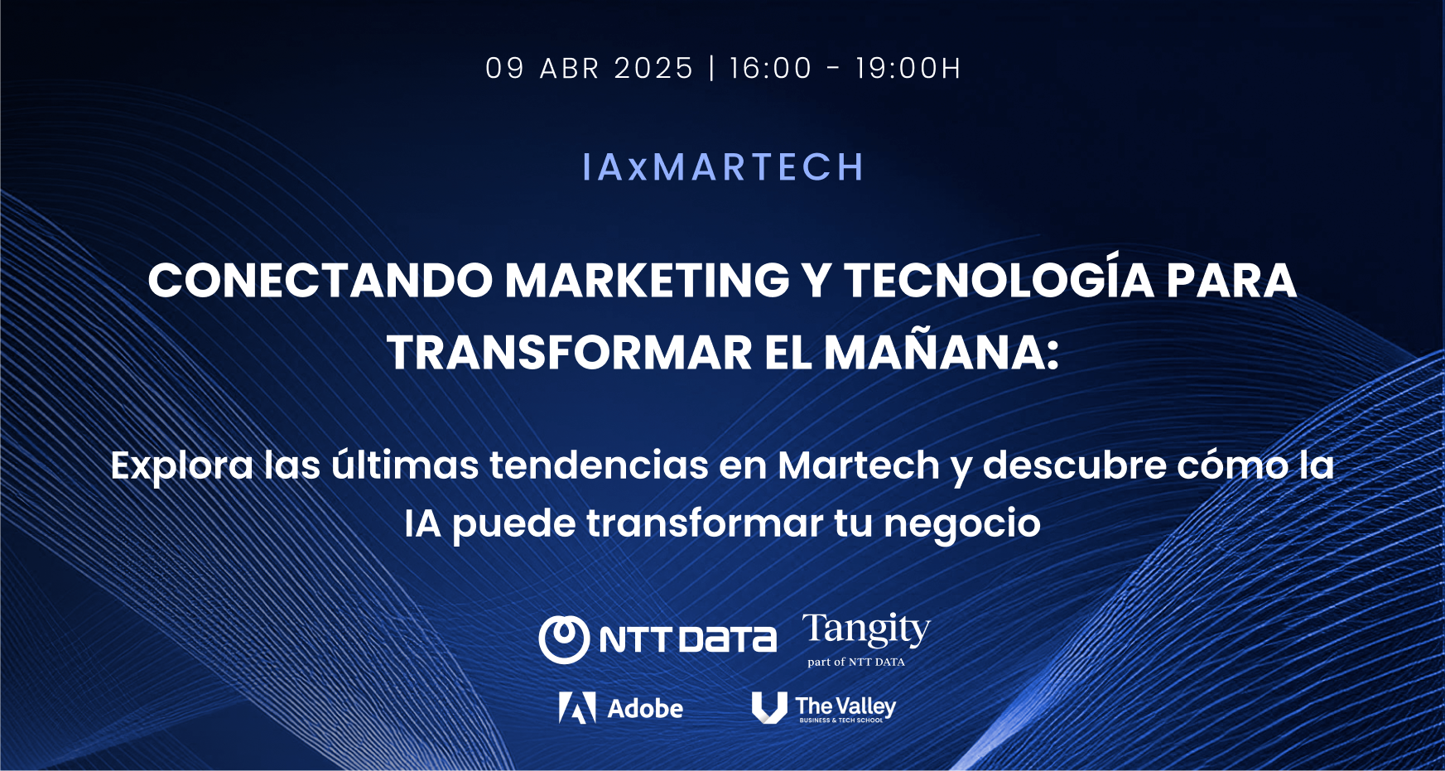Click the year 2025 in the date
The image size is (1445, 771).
(653, 68)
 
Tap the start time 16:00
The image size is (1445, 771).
(770, 68)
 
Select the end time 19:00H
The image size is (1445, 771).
(908, 68)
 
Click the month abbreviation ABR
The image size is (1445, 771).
(570, 68)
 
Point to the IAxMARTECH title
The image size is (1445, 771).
(723, 167)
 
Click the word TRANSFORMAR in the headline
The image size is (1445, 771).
(569, 353)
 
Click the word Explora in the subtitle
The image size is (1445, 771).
(182, 466)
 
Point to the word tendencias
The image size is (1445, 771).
(599, 465)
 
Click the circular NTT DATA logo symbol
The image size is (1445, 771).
(564, 639)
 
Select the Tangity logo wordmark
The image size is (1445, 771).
(866, 631)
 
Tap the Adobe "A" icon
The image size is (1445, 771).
(577, 708)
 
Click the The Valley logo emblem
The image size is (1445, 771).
(768, 708)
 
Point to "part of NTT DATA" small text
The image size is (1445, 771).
(856, 662)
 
